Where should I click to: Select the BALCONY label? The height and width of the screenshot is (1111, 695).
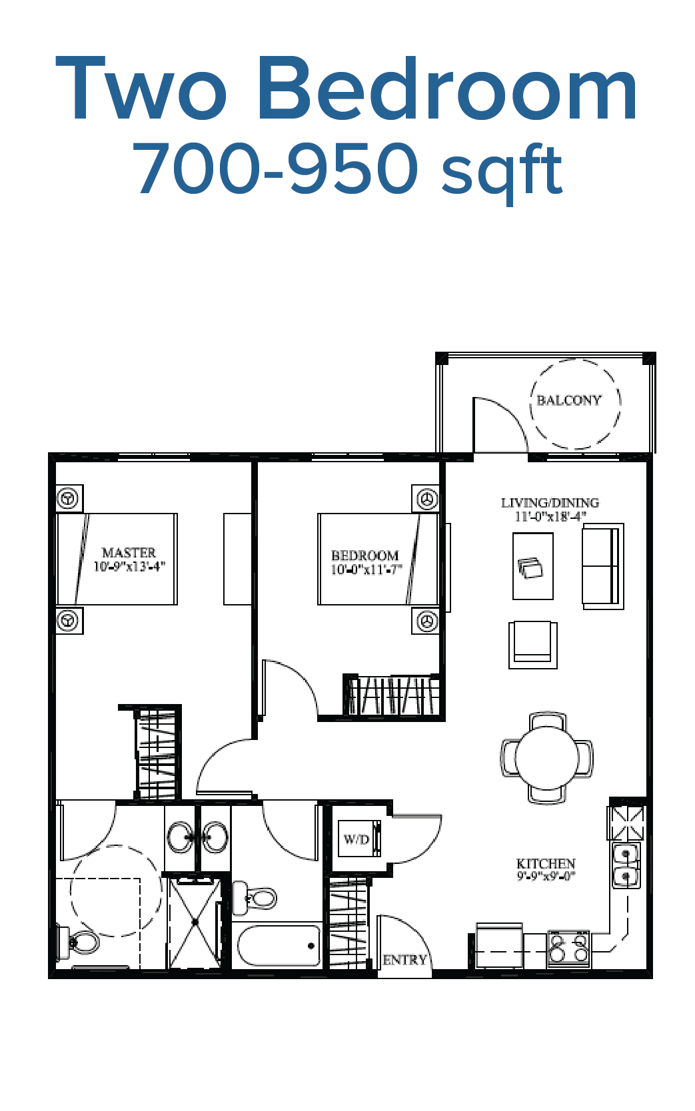569,400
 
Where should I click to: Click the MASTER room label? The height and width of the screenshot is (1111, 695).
129,553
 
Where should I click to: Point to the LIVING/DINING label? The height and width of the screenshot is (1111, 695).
550,503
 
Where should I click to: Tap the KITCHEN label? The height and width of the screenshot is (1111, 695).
546,863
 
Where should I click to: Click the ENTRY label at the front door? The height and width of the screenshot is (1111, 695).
404,960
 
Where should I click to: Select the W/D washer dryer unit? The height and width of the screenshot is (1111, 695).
358,838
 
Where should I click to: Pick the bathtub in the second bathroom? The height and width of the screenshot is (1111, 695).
279,945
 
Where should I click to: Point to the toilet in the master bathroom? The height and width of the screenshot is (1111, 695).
79,941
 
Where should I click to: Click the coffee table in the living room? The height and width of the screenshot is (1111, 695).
533,566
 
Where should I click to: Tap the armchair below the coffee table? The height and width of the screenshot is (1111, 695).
533,644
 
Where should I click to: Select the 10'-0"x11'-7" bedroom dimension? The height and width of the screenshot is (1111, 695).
366,569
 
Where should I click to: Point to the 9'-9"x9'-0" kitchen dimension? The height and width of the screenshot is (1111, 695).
546,877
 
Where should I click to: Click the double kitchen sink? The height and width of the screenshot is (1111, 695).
626,865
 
